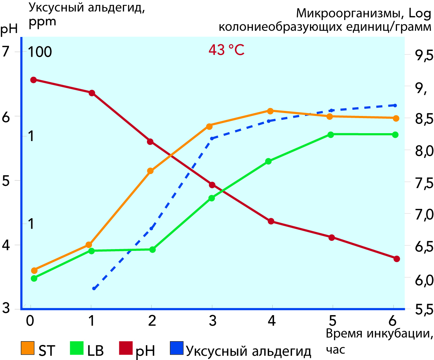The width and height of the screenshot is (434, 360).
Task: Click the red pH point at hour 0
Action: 33,80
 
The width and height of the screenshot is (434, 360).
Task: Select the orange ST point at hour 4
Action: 271,111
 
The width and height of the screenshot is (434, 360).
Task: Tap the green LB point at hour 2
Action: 152,249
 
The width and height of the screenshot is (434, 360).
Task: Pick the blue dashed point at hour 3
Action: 212,138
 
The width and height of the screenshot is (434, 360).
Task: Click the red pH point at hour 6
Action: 397,258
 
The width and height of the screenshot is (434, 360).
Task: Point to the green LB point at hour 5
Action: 331,135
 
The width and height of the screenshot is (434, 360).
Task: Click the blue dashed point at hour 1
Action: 94,288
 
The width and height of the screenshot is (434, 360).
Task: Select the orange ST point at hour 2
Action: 151,171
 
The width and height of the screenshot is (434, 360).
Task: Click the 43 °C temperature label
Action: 226,50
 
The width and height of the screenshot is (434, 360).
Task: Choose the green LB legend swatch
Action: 77,348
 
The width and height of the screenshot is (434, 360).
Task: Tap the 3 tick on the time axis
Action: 212,321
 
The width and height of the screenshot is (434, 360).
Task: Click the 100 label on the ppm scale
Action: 40,52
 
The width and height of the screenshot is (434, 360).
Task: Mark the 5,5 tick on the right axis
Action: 419,309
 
